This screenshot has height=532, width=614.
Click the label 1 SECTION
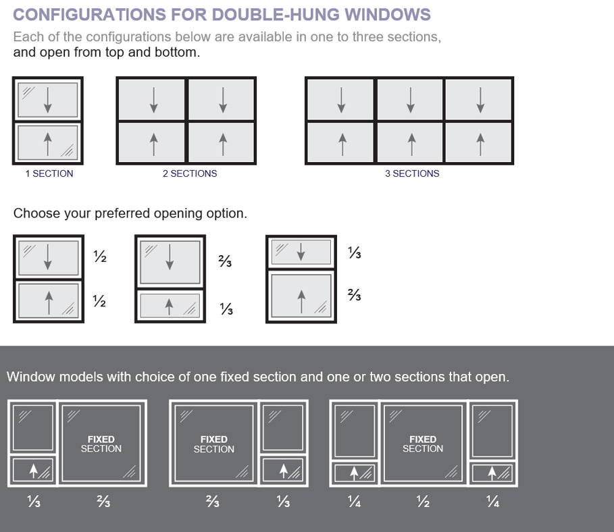point(49,174)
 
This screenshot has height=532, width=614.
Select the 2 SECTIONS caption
point(190,174)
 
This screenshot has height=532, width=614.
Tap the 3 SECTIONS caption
point(412,174)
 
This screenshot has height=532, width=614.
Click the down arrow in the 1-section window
point(47,101)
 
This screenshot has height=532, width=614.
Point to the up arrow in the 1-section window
point(47,142)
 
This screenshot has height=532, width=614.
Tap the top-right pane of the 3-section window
point(479,100)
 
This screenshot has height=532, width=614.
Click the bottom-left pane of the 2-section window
point(153,143)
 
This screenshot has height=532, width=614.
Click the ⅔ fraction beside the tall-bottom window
point(354,295)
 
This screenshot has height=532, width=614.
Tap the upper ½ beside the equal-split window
point(99,257)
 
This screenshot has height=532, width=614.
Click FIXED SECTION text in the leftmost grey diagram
point(101,444)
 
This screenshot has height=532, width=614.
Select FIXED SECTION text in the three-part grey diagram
point(423,444)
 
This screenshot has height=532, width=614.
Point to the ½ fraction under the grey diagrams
point(423,502)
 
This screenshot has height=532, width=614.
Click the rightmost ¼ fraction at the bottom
point(493,502)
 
